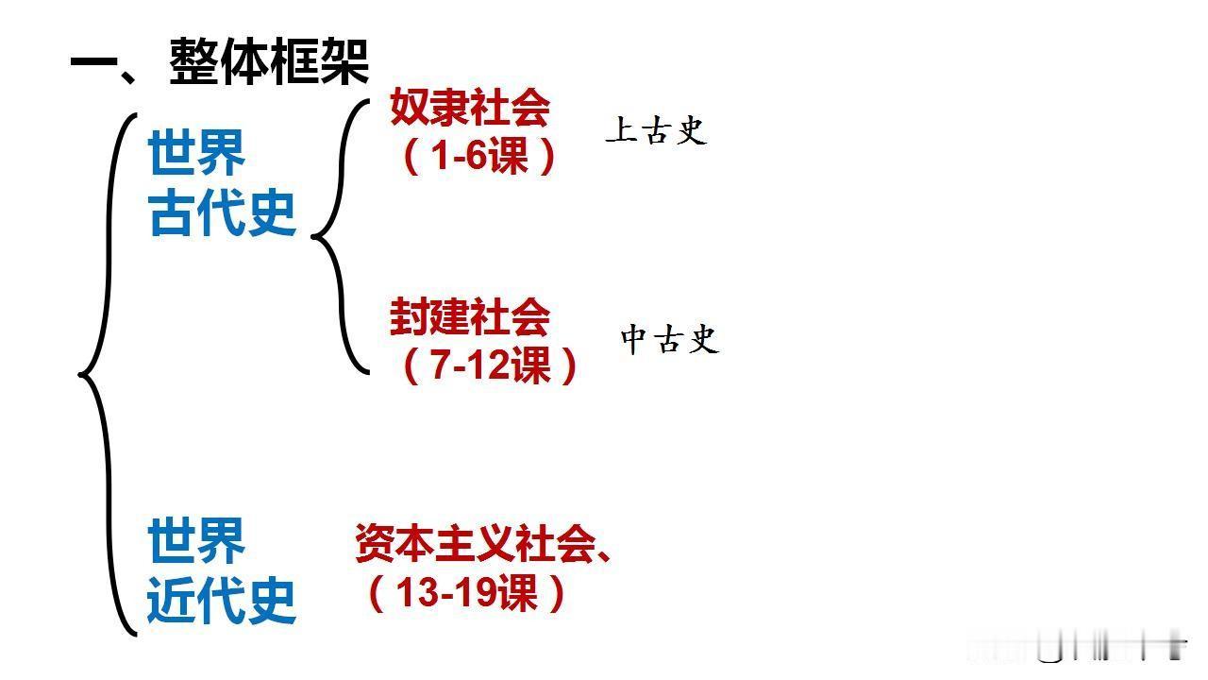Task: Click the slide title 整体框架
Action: click(269, 61)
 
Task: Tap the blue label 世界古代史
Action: click(223, 183)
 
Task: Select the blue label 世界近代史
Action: click(223, 570)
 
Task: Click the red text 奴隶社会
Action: click(469, 110)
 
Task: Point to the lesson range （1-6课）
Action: click(479, 156)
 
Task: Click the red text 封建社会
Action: click(469, 317)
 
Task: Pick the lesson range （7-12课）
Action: click(490, 365)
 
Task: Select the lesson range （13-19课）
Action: click(467, 593)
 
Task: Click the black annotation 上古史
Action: click(656, 131)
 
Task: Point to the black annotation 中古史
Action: click(670, 339)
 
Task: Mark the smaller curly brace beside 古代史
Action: click(340, 236)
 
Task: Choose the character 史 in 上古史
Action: click(692, 131)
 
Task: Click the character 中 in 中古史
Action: click(633, 339)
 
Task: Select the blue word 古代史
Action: click(223, 214)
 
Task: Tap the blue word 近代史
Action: click(223, 602)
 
